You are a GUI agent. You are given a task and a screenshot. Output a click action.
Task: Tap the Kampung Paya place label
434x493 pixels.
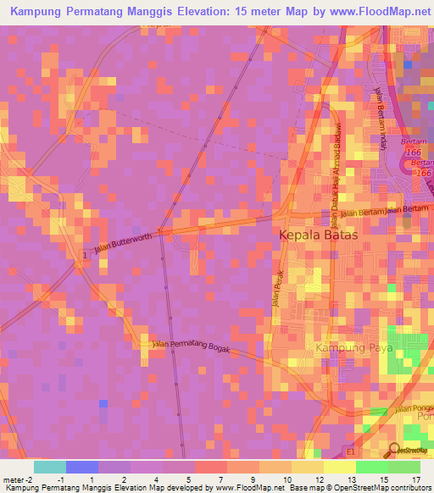click(352, 348)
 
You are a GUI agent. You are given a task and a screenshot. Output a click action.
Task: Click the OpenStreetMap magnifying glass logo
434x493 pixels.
click(394, 451)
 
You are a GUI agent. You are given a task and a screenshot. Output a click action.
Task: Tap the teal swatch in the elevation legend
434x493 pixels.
click(49, 467)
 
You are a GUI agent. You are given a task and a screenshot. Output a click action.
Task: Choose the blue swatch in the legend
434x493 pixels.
click(81, 467)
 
